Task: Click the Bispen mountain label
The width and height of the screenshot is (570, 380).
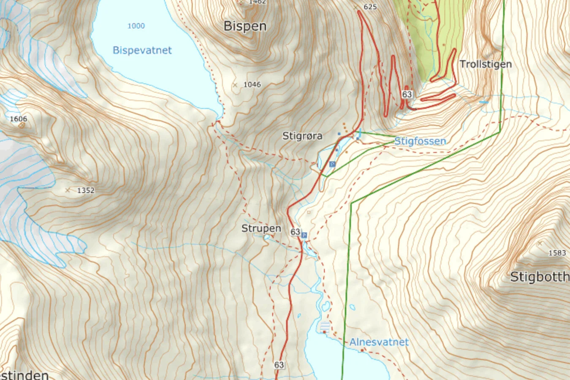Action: (245, 26)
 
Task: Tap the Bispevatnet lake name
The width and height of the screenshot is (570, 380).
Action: (142, 50)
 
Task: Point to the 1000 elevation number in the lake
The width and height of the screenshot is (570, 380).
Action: (136, 26)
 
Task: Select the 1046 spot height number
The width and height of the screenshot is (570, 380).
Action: (252, 84)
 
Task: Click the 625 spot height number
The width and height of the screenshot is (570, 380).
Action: (370, 7)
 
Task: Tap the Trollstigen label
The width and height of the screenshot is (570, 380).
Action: (486, 64)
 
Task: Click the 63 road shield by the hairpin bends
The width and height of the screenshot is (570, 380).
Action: (407, 94)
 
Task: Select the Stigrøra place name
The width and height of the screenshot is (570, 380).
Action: (302, 136)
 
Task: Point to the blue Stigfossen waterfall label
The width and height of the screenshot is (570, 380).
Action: (420, 141)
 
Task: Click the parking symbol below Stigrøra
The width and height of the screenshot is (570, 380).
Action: (332, 164)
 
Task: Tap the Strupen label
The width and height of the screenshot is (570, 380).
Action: (261, 228)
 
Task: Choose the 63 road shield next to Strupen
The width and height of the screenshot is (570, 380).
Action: (295, 232)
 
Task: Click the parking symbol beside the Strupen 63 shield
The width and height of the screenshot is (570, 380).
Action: (304, 235)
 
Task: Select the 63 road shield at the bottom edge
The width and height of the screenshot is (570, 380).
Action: (279, 365)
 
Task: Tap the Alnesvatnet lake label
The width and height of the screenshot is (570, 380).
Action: (379, 342)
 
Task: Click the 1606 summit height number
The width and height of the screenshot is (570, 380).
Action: (19, 119)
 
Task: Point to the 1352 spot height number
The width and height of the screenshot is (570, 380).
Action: (86, 190)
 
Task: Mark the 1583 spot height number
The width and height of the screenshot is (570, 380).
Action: (557, 253)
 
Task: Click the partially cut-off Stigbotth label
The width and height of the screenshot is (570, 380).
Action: (540, 277)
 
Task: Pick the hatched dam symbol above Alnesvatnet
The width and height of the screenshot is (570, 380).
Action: (325, 326)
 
